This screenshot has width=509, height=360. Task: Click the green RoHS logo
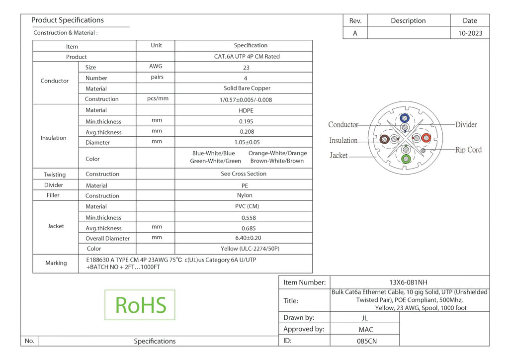point(140,305)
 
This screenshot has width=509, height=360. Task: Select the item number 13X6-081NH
point(408,282)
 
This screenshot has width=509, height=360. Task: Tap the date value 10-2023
point(470,33)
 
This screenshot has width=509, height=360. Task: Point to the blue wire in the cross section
point(405,118)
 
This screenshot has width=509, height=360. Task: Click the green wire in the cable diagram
point(406,159)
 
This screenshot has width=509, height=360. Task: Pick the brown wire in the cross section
point(385,139)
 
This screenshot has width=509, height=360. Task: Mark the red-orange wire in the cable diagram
point(426,138)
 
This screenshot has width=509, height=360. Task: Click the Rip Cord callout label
point(468,150)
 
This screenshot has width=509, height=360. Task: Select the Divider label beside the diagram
point(466,125)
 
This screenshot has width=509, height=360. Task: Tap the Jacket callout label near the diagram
point(339,156)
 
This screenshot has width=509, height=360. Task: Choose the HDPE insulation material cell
point(246,110)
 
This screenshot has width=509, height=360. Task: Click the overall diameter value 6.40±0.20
point(248,238)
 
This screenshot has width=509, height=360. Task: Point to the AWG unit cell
point(156,66)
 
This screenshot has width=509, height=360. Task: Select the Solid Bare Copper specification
point(247,89)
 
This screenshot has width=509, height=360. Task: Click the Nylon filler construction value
point(245,195)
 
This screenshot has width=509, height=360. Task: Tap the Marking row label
point(56,263)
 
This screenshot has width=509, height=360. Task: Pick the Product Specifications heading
point(68,20)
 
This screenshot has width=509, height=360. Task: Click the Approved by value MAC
point(366,330)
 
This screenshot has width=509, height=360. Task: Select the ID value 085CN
point(366,341)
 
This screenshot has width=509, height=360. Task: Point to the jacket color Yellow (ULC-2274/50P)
point(250,249)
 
